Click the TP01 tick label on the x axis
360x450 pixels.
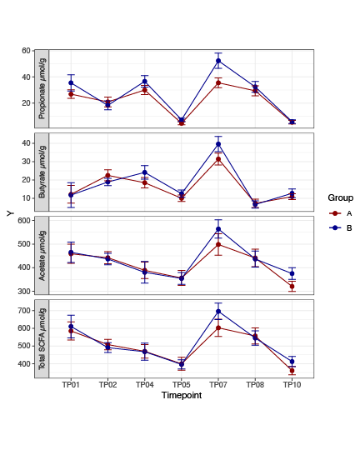[71, 385]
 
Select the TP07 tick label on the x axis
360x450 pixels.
[218, 385]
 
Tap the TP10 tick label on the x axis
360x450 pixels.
[292, 385]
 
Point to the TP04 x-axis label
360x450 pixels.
[144, 385]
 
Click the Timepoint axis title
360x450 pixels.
[181, 395]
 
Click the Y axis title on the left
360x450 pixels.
[10, 213]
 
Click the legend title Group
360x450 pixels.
[340, 198]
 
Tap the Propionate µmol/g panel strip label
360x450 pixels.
[42, 88]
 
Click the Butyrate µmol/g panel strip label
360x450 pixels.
[42, 172]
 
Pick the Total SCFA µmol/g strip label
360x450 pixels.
[42, 338]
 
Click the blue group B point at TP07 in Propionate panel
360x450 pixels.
[218, 61]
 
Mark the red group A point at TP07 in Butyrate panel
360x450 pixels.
[218, 159]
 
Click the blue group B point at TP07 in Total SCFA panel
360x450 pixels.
[218, 312]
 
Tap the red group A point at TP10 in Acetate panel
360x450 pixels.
[292, 287]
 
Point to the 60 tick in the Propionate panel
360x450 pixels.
[26, 51]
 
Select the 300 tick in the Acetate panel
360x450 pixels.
[23, 292]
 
